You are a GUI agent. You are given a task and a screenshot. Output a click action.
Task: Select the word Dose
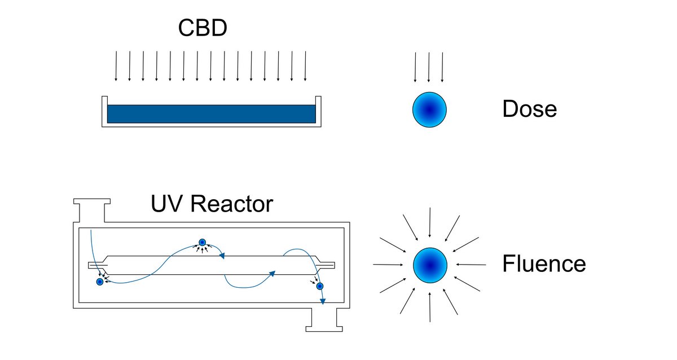pyautogui.click(x=529, y=109)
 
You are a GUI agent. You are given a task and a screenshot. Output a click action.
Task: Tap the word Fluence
pyautogui.click(x=543, y=264)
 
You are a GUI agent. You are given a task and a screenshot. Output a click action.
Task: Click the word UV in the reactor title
pyautogui.click(x=167, y=204)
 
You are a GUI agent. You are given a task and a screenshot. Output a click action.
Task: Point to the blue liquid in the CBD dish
pyautogui.click(x=211, y=114)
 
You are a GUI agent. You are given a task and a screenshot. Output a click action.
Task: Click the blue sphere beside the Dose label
pyautogui.click(x=429, y=109)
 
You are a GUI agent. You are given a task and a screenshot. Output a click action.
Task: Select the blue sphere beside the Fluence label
pyautogui.click(x=430, y=265)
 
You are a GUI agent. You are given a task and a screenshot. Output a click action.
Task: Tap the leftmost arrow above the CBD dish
pyautogui.click(x=116, y=66)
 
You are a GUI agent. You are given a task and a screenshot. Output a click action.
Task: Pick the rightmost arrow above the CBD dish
pyautogui.click(x=305, y=66)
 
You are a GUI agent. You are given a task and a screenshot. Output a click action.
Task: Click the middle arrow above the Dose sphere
pyautogui.click(x=429, y=67)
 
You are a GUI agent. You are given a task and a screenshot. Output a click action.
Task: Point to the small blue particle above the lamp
pyautogui.click(x=202, y=243)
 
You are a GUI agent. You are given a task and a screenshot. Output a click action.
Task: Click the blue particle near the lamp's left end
pyautogui.click(x=100, y=282)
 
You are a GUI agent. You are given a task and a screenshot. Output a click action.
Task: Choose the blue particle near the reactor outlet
pyautogui.click(x=319, y=287)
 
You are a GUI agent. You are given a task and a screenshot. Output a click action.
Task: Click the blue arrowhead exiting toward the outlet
pyautogui.click(x=323, y=301)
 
